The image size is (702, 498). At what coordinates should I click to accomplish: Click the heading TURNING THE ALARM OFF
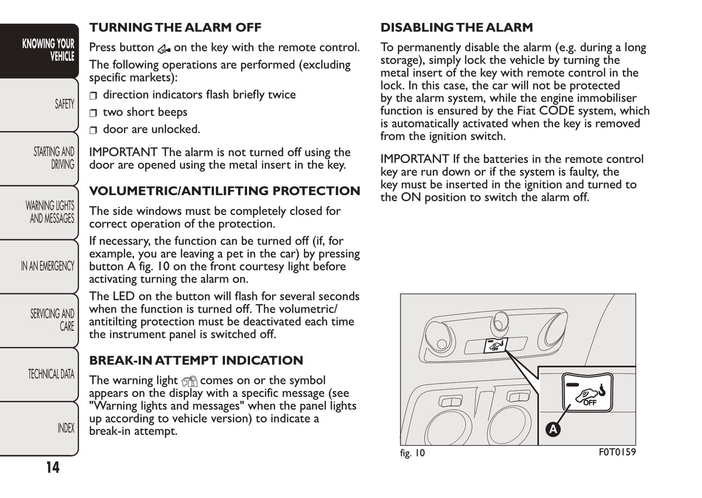pyautogui.click(x=175, y=28)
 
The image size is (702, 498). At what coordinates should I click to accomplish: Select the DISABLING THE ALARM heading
pyautogui.click(x=456, y=28)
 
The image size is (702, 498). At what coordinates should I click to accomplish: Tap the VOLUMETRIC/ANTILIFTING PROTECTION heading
pyautogui.click(x=224, y=191)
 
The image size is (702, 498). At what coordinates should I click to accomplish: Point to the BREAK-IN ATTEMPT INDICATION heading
pyautogui.click(x=196, y=361)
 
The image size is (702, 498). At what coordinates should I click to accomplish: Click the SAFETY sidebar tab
pyautogui.click(x=64, y=104)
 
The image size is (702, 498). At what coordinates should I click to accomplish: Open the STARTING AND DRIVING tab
pyautogui.click(x=53, y=158)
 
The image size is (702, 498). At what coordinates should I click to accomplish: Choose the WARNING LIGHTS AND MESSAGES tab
pyautogui.click(x=50, y=212)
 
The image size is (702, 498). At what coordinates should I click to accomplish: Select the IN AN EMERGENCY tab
pyautogui.click(x=47, y=266)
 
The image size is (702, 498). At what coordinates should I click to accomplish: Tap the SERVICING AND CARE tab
pyautogui.click(x=52, y=320)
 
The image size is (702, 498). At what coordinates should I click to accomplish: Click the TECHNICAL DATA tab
pyautogui.click(x=51, y=374)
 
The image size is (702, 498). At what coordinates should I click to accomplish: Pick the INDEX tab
pyautogui.click(x=66, y=428)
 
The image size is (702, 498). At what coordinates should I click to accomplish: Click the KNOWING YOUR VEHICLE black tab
pyautogui.click(x=48, y=50)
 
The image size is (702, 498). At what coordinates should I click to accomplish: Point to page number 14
pyautogui.click(x=52, y=467)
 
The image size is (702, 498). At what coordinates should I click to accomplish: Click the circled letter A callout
pyautogui.click(x=553, y=429)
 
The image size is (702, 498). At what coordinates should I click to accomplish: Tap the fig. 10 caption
pyautogui.click(x=412, y=453)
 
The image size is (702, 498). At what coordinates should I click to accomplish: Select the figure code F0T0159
pyautogui.click(x=617, y=452)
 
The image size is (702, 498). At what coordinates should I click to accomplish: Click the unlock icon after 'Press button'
pyautogui.click(x=164, y=49)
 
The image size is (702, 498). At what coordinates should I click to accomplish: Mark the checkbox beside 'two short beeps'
pyautogui.click(x=93, y=113)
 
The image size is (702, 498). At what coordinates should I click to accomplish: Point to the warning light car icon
pyautogui.click(x=189, y=382)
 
